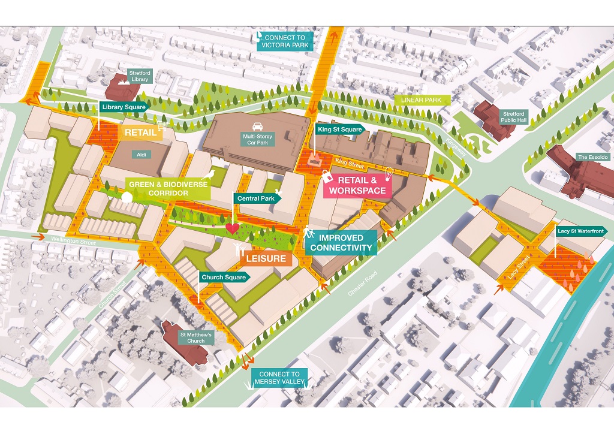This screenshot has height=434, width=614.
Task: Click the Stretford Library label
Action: coord(139,76)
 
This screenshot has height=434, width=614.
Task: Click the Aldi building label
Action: coord(142,155)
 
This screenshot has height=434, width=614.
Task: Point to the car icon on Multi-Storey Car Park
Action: coord(258,126)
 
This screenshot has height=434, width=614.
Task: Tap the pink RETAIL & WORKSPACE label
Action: coord(357,185)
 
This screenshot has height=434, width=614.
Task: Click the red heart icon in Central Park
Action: coord(233,228)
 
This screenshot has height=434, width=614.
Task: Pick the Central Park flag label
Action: coord(255,198)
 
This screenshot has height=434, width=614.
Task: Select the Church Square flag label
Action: coord(224,278)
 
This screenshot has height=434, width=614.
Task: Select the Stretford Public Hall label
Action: coord(513,117)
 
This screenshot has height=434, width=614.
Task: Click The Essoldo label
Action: coord(593,157)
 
